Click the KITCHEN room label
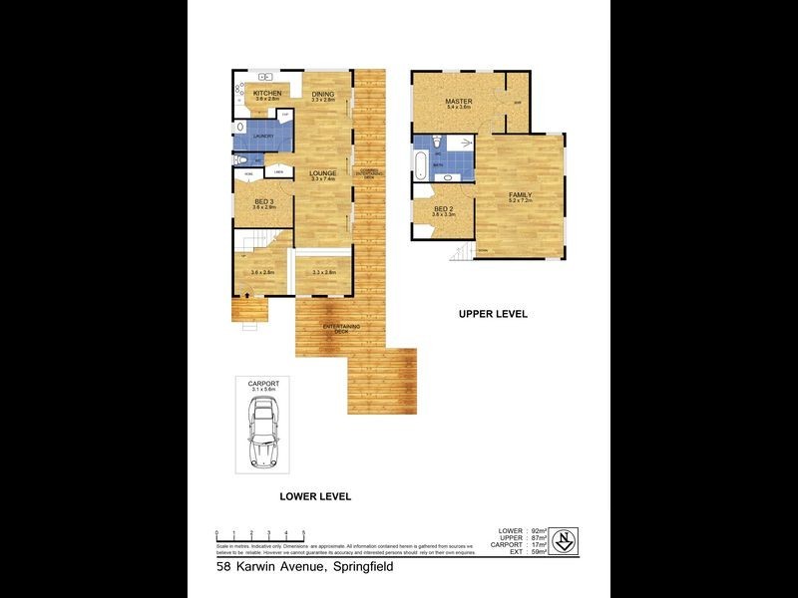pyautogui.click(x=266, y=93)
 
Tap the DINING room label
pyautogui.click(x=321, y=95)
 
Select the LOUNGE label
pyautogui.click(x=321, y=173)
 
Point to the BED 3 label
pyautogui.click(x=263, y=201)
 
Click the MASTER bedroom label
pyautogui.click(x=459, y=102)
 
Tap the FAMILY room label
pyautogui.click(x=520, y=194)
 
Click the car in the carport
pyautogui.click(x=264, y=430)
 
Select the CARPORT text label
pyautogui.click(x=263, y=383)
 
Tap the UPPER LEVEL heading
pyautogui.click(x=493, y=314)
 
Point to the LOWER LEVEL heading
pyautogui.click(x=315, y=496)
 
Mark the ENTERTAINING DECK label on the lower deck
pyautogui.click(x=341, y=330)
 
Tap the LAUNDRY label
pyautogui.click(x=262, y=136)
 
